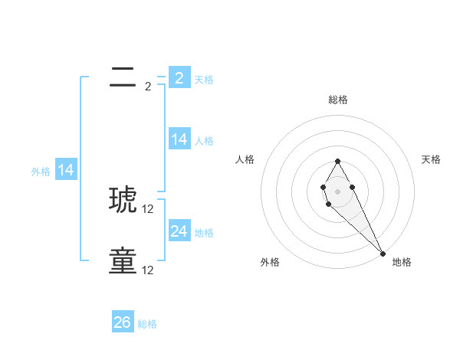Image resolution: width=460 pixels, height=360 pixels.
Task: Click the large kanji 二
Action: coord(123,77)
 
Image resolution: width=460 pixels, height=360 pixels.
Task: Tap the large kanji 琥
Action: coord(123,199)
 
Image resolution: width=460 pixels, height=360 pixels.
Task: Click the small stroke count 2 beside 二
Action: coord(148,87)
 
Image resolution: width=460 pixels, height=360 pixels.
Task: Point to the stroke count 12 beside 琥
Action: coord(148,209)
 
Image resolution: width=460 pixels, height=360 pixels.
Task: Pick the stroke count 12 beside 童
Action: coord(148,270)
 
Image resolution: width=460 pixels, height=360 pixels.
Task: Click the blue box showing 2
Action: coord(179,77)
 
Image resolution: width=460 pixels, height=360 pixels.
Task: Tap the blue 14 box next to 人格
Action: coord(179,139)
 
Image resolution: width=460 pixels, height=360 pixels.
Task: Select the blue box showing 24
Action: coord(179,231)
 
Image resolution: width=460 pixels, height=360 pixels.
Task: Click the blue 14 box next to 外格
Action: coord(66,170)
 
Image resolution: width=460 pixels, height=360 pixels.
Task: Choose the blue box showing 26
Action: coord(123,322)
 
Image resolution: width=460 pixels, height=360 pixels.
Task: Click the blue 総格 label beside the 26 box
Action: coord(147,324)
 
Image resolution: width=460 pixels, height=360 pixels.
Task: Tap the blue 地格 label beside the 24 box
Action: coord(204,233)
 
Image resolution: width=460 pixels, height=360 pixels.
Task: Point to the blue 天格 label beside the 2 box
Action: coord(204,80)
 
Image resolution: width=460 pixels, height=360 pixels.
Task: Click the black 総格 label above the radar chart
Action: coord(337,100)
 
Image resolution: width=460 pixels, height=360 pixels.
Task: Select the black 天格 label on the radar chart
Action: coord(431,159)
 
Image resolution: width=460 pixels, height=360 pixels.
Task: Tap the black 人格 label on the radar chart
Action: coord(245,159)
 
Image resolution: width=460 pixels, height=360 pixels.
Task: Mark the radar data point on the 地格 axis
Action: coord(383,253)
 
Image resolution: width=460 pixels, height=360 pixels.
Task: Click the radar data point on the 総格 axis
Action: coord(337,161)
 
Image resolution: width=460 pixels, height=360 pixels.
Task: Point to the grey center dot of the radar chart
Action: coord(337,191)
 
